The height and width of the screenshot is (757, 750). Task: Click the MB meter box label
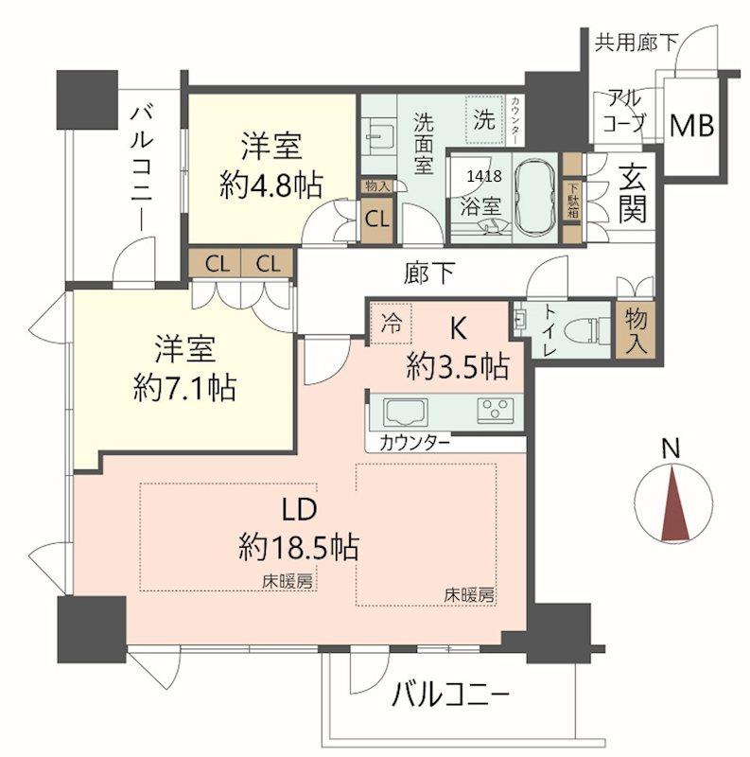coord(691,126)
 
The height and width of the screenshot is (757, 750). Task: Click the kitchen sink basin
coord(406,413)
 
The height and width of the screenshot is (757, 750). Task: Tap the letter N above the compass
coord(671,448)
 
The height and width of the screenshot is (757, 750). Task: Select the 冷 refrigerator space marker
coord(391,324)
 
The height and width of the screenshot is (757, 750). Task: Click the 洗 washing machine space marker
coord(484,118)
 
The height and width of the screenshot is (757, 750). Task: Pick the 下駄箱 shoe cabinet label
coord(573,200)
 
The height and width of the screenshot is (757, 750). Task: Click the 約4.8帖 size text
coord(271,185)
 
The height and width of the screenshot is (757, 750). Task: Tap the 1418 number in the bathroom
coord(484,176)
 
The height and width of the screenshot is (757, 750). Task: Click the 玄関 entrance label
coord(632,194)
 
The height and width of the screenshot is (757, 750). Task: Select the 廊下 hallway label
coord(428,273)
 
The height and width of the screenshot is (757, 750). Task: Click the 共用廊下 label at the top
coord(637,42)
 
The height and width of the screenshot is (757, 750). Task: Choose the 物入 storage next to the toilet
coord(636,330)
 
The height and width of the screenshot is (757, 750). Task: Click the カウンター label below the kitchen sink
coord(415,443)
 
